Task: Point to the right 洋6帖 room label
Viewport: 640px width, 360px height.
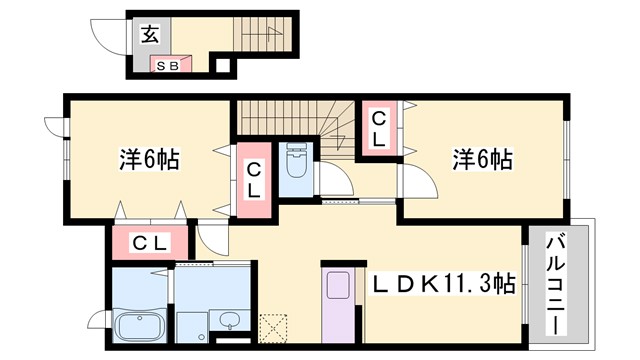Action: pos(483,159)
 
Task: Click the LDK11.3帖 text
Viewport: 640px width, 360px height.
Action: pos(445,283)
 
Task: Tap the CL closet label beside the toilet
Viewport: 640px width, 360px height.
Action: pos(254,180)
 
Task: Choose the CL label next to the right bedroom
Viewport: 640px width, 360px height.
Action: pos(379,128)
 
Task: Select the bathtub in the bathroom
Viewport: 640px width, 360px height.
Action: pos(140,326)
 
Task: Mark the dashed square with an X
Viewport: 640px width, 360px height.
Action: pos(272,328)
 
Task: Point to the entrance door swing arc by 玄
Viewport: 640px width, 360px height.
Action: pos(108,38)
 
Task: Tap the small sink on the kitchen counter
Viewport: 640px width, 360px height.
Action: pos(338,284)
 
